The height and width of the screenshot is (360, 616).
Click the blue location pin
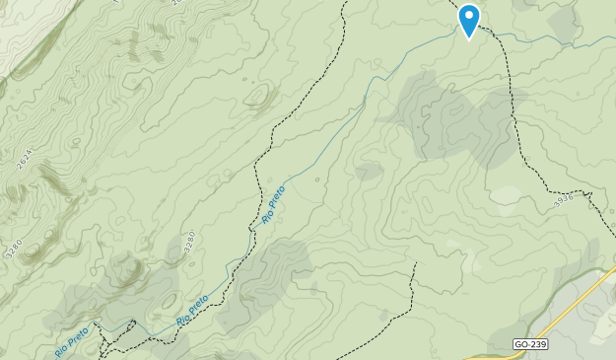pos(469,19)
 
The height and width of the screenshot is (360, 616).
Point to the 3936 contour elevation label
pos(564,199)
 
